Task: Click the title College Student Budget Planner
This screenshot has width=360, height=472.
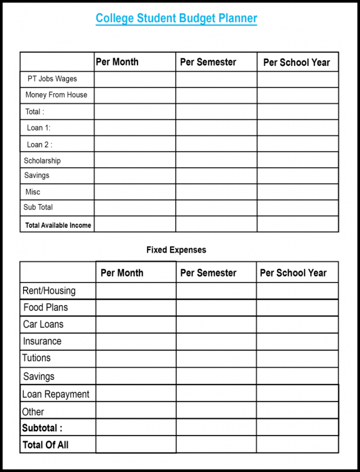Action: pos(176,19)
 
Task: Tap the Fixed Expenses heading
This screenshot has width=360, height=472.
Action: pos(176,250)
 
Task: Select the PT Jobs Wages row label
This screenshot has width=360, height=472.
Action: pos(52,79)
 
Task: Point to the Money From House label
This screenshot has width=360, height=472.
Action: pos(56,95)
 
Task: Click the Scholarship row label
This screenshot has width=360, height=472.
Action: pos(42,161)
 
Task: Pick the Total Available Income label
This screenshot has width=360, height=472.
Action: pos(58,225)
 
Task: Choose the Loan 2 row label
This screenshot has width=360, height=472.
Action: pos(39,144)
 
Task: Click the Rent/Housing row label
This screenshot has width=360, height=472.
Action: pos(49,291)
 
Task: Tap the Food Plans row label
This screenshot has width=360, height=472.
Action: pos(46,308)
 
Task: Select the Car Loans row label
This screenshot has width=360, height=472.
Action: pos(43,325)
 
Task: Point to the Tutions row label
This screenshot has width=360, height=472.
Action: pos(36,358)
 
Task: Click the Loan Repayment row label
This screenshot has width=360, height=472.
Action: pos(56,394)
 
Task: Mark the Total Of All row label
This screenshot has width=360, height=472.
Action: pos(46,445)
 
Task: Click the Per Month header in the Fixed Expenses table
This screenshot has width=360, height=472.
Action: pos(122,273)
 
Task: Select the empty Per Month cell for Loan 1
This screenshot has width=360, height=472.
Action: pos(135,127)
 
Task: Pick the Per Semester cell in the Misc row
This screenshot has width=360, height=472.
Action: pos(216,192)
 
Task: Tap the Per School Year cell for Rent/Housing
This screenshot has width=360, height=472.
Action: pos(297,291)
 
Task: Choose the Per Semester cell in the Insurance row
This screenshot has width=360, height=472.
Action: pos(216,341)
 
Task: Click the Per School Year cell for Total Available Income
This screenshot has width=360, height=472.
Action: pos(298,224)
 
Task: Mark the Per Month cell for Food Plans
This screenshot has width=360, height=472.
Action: pos(136,308)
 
